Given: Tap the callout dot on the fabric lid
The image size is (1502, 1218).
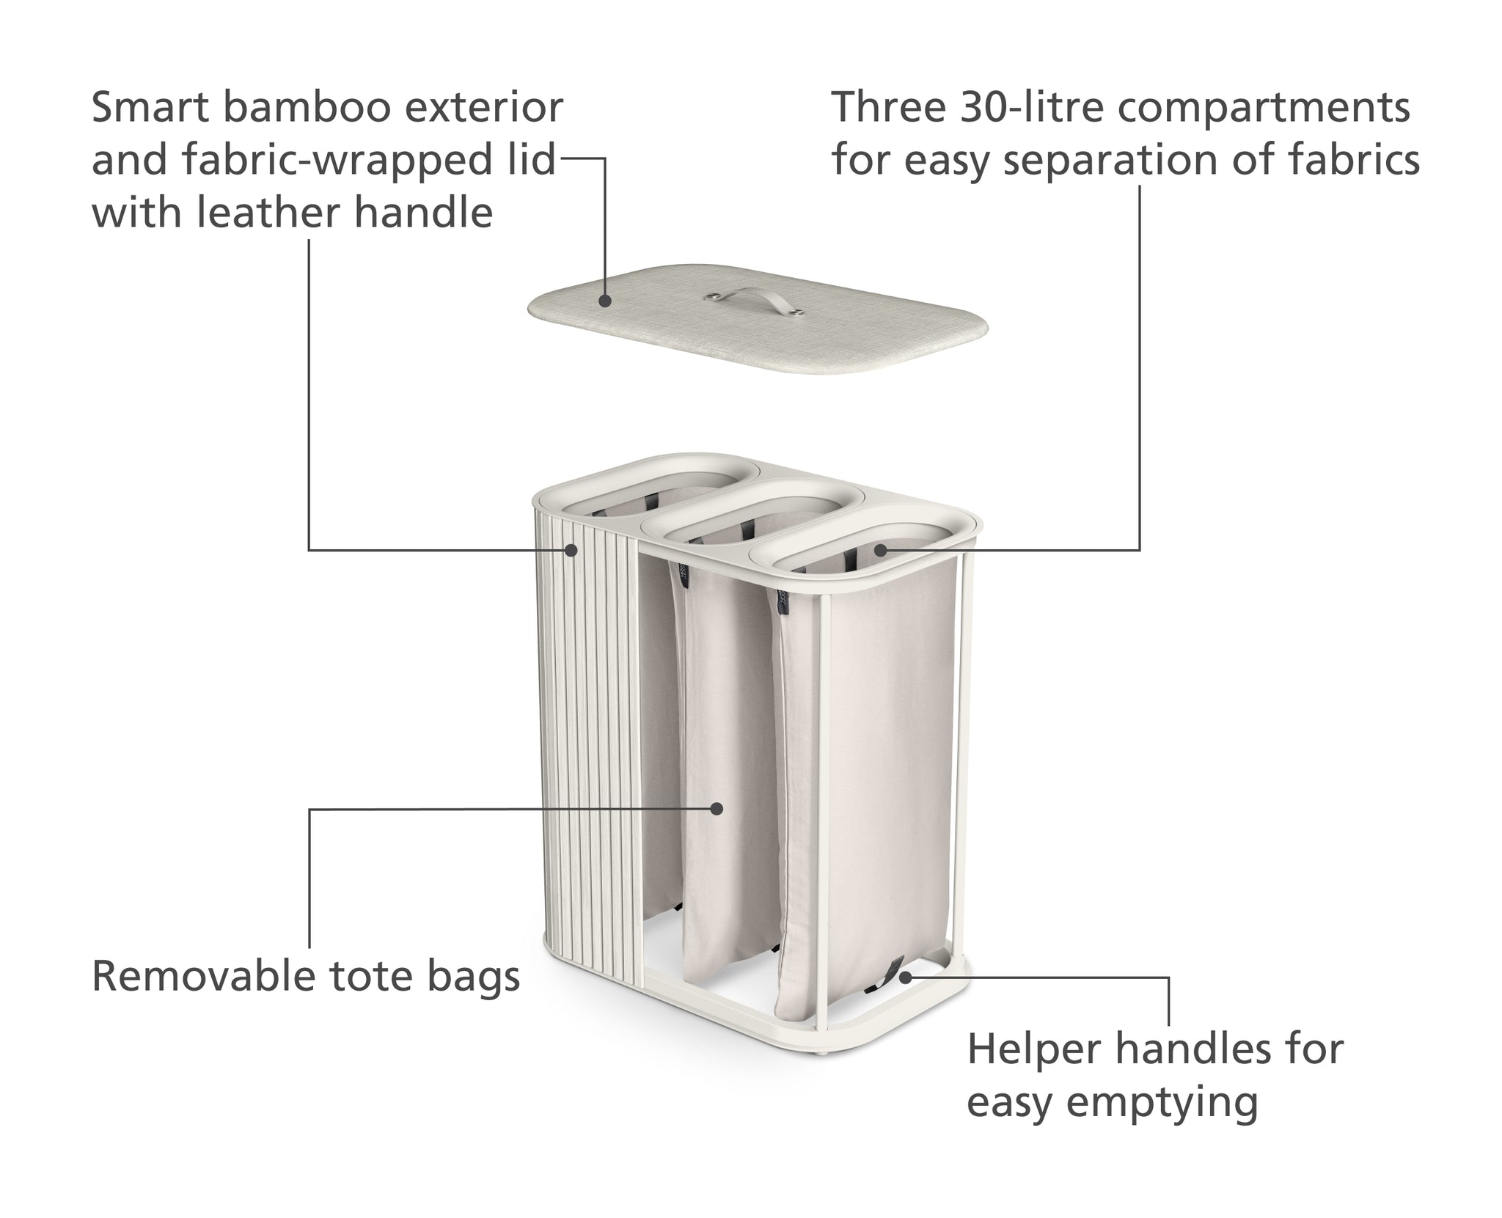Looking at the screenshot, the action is (x=604, y=301).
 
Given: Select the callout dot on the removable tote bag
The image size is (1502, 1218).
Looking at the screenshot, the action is (x=717, y=809).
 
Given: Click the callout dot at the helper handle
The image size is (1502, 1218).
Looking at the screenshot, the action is (x=906, y=977).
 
